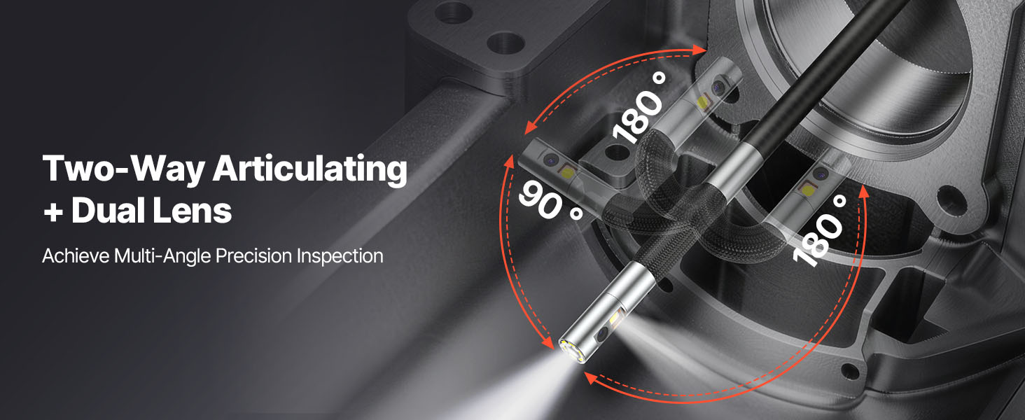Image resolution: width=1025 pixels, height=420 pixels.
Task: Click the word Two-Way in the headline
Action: point(123,169)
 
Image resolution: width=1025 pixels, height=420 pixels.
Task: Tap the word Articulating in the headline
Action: point(309,169)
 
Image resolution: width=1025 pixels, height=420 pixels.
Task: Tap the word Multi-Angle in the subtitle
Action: point(162,256)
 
